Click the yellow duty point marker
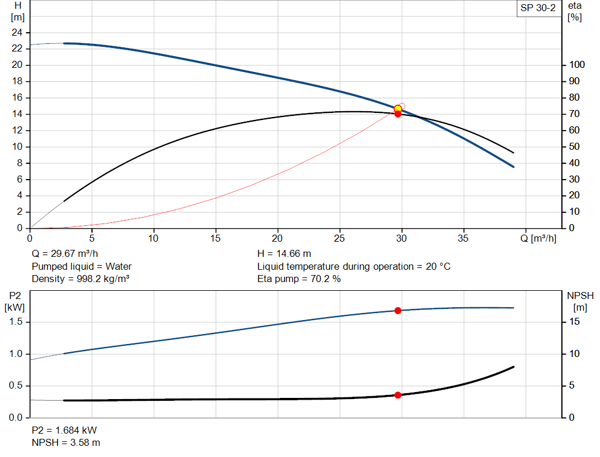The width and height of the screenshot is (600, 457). pos(398,109)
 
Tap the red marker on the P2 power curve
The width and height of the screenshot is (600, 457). pos(398,310)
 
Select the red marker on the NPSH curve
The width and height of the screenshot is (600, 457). pos(398,395)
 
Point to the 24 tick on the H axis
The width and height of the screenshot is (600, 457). pos(16,32)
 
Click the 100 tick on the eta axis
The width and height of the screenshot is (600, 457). pos(577,65)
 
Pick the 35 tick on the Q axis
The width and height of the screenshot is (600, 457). pos(464,238)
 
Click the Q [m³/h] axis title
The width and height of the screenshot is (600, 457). pos(540,238)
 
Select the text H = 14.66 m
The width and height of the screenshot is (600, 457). pos(284,254)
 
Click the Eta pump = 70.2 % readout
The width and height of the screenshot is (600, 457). pos(299,279)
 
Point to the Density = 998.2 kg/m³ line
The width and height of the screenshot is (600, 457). pos(80,279)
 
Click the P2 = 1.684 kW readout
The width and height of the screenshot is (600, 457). pos(64,431)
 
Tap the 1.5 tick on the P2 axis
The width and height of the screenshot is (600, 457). pos(16,322)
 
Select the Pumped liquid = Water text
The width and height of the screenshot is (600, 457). pos(81,266)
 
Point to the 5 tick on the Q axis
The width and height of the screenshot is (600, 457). pos(92,238)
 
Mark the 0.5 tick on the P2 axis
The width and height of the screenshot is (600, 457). pos(16,386)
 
